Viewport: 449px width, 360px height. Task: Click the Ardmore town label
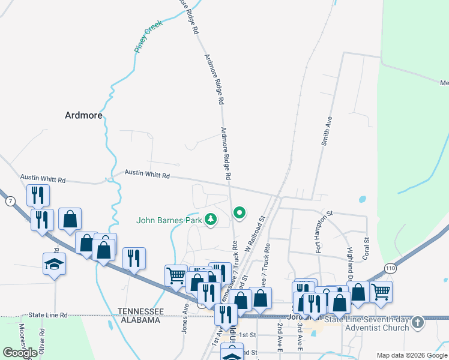click(x=83, y=116)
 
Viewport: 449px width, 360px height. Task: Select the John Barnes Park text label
click(x=169, y=220)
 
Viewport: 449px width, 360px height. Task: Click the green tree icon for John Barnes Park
click(x=211, y=220)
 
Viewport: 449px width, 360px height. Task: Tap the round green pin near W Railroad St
click(x=240, y=212)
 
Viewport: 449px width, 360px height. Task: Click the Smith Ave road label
click(x=327, y=131)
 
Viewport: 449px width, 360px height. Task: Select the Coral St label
click(x=366, y=248)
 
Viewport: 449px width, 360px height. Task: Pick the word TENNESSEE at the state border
click(x=140, y=311)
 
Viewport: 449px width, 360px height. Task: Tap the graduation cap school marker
click(x=54, y=264)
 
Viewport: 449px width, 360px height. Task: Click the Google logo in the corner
click(x=20, y=353)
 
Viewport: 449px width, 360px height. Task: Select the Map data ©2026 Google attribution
click(x=412, y=355)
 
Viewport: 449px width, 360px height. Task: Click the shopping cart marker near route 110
click(x=381, y=292)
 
